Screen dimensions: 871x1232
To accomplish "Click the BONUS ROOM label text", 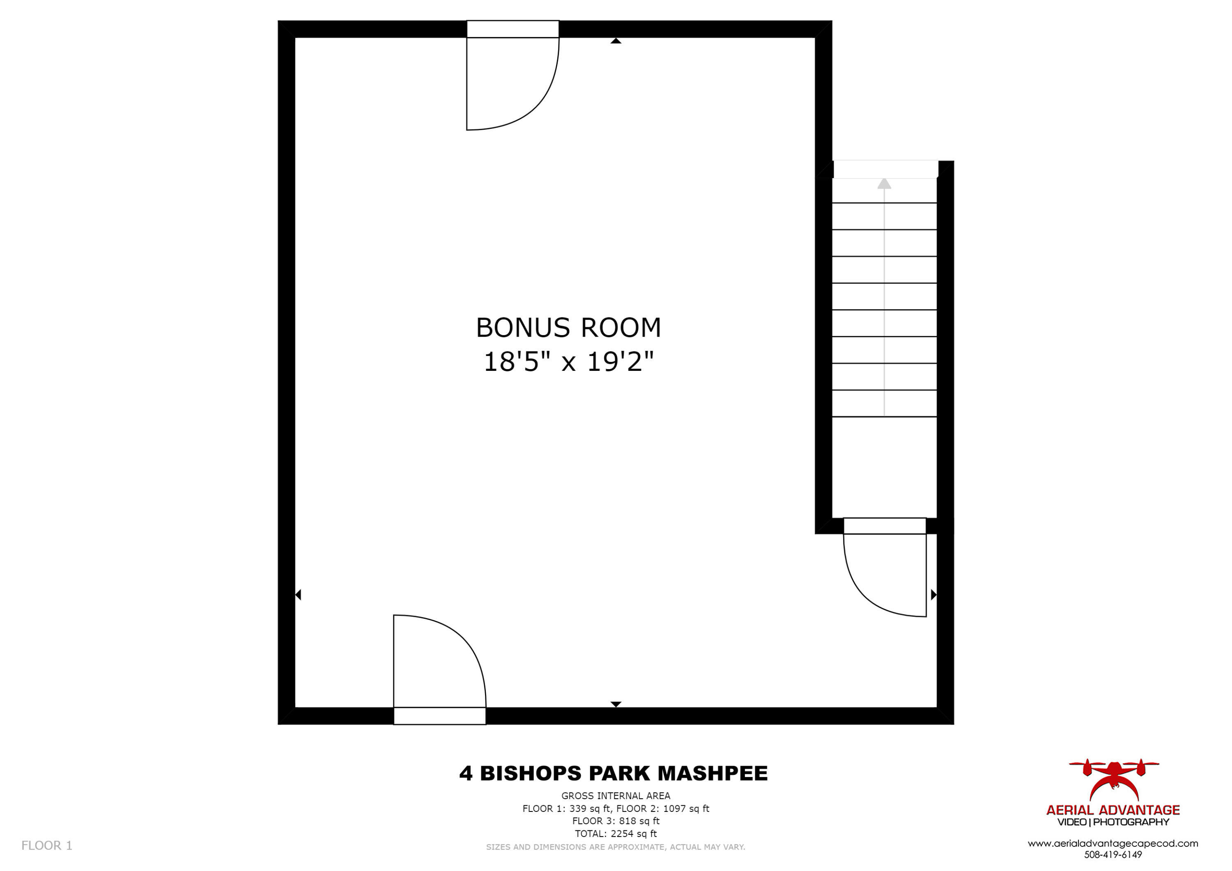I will coord(568,327).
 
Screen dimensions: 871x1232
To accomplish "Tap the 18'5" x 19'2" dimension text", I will coord(568,362).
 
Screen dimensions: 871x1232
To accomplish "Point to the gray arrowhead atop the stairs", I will coord(884,184).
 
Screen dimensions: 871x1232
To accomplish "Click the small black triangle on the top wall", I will coord(616,41).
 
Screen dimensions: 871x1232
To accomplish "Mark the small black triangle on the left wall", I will coord(298,595).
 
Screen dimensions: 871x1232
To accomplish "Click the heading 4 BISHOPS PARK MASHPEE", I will coord(613,773).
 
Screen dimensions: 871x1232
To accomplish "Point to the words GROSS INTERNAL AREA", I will coord(616,796).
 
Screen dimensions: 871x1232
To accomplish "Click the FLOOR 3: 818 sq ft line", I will coord(616,820).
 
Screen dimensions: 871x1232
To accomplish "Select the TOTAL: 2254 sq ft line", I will coord(616,834).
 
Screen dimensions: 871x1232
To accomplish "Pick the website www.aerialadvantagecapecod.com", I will coord(1113,843).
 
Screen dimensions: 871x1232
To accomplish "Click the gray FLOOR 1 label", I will coord(47,845).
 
